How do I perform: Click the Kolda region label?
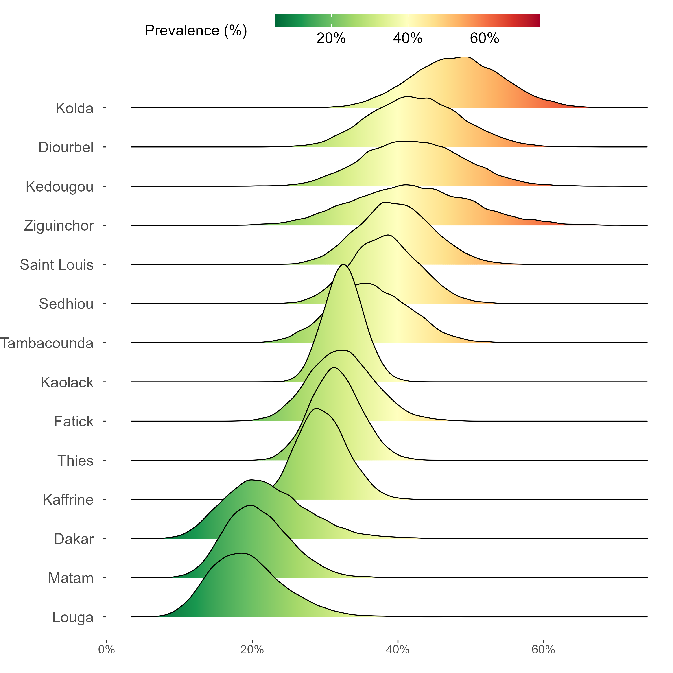74,108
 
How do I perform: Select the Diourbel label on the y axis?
66,147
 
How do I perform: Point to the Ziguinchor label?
59,226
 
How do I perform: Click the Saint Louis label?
57,265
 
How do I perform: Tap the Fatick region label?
74,422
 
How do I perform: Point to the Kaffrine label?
68,500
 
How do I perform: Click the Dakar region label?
74,539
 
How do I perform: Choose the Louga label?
73,617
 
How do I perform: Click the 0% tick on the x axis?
106,650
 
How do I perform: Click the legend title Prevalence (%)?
196,31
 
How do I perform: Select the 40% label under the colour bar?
408,38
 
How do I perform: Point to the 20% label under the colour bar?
331,38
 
